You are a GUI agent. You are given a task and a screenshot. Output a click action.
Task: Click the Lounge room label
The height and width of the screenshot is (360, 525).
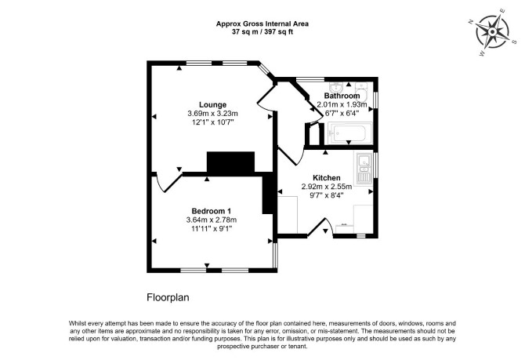(x=212, y=104)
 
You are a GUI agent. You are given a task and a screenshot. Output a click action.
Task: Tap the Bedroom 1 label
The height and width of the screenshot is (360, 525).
(x=212, y=211)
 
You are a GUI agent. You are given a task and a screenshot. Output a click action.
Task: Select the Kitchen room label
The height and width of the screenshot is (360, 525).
(x=327, y=178)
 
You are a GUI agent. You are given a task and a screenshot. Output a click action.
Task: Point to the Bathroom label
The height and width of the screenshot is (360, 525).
(x=342, y=96)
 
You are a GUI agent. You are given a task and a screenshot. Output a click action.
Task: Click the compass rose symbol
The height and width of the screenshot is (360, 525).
(x=492, y=32)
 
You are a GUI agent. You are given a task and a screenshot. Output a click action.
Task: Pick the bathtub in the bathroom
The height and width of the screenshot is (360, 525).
(x=350, y=133)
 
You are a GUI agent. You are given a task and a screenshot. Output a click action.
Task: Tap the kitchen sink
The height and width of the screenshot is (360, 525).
(x=364, y=168)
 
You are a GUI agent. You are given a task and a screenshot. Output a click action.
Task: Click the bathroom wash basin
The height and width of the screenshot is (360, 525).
(x=335, y=88)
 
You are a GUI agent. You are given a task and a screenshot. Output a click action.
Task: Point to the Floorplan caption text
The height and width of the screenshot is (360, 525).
(x=168, y=297)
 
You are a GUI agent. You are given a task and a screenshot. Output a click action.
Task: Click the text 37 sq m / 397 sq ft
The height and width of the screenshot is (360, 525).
(x=262, y=32)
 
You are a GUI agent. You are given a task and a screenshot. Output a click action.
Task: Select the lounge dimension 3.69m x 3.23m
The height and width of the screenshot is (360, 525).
(x=212, y=114)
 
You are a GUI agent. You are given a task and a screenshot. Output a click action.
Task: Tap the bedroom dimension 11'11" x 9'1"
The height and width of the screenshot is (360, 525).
(x=212, y=228)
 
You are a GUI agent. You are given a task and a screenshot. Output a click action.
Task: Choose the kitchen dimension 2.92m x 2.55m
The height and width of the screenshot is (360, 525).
(x=327, y=187)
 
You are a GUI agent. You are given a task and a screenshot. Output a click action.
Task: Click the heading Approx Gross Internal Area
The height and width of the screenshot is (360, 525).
(x=262, y=24)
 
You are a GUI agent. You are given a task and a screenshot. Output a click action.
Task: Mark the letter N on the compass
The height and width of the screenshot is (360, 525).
(x=471, y=22)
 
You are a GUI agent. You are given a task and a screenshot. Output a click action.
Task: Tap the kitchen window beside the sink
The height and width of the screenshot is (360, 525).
(x=375, y=165)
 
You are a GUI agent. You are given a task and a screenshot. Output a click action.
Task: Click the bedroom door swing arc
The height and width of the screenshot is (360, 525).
(x=160, y=184)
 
